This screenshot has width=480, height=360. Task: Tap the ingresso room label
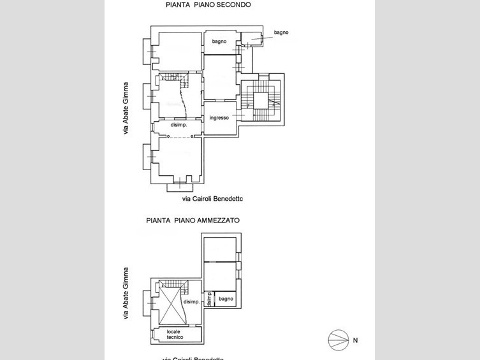(219, 118)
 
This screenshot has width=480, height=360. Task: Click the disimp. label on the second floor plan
(178, 125)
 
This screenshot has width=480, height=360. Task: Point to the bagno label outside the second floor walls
(281, 32)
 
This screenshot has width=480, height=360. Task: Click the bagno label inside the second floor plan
(219, 41)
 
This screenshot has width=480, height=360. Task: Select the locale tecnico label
(175, 334)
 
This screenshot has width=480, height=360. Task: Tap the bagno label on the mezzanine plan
(226, 299)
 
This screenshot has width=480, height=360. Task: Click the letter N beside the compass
(355, 341)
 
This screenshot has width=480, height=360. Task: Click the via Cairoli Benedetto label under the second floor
(212, 199)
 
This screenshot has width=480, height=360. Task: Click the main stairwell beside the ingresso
(260, 100)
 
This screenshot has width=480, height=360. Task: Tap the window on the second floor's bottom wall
(180, 183)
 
